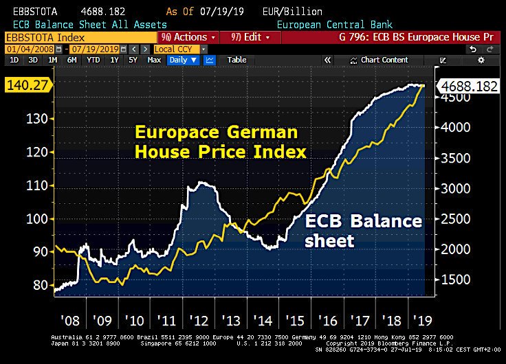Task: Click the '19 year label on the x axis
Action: pyautogui.click(x=420, y=320)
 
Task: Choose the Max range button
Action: pyautogui.click(x=154, y=60)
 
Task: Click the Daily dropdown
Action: pyautogui.click(x=182, y=60)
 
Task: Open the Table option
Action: pyautogui.click(x=236, y=60)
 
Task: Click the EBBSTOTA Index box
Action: pyautogui.click(x=41, y=36)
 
